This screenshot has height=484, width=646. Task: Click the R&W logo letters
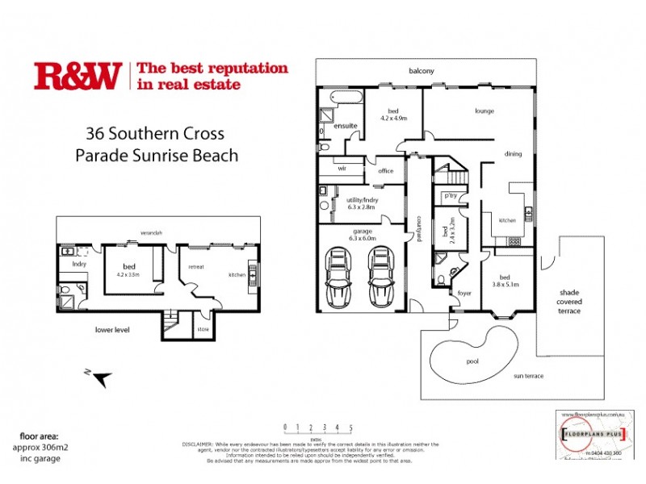tap(77, 75)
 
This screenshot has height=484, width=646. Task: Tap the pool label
tap(472, 362)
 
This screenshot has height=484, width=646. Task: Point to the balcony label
tap(422, 71)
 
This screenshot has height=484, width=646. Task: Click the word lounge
tap(484, 111)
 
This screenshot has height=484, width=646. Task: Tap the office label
tap(384, 170)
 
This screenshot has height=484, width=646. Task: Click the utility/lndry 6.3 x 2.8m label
tap(359, 203)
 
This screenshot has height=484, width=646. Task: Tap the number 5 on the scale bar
tap(350, 428)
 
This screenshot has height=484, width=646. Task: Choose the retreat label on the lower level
tap(196, 265)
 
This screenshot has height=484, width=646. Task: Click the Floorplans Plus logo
tap(594, 433)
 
